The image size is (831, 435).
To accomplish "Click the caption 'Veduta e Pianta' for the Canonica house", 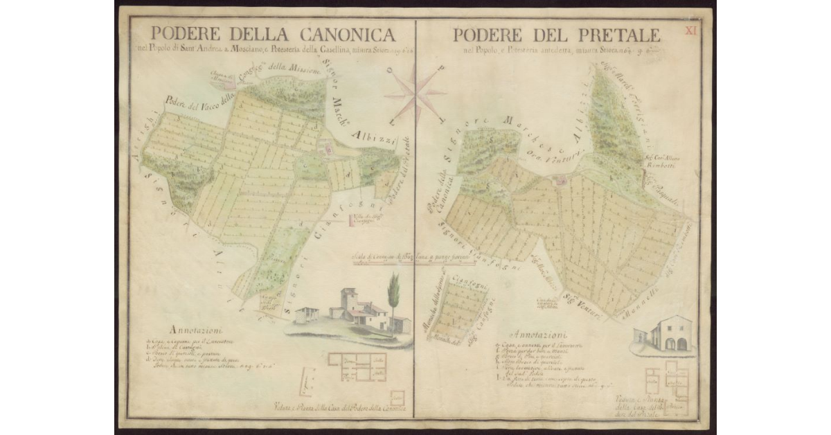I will pyautogui.click(x=339, y=408).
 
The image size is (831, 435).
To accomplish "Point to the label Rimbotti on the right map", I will pyautogui.click(x=664, y=167).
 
